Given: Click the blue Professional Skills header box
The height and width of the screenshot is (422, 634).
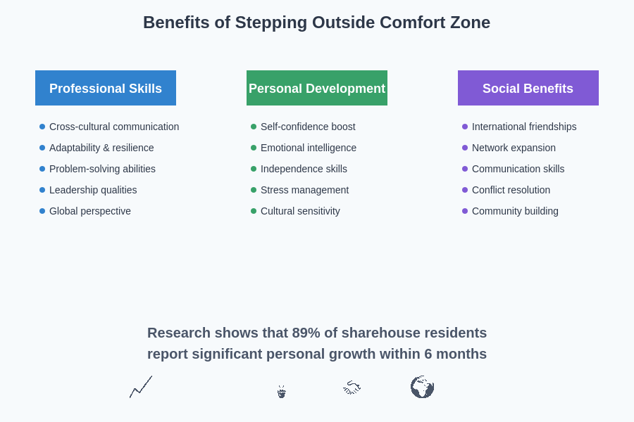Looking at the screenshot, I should [x=106, y=88].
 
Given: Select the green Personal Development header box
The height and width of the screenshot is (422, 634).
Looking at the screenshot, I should [x=317, y=88].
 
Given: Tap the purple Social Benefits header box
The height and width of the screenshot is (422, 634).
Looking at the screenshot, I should [x=528, y=88].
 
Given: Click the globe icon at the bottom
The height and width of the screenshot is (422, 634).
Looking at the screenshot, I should [x=422, y=387].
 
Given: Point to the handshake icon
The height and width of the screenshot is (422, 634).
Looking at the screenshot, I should [x=352, y=388].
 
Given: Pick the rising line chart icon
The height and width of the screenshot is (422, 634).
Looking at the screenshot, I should [x=141, y=387].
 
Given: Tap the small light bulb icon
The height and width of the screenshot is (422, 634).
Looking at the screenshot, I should [x=281, y=392].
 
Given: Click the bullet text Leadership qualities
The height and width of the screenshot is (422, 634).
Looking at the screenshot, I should [x=93, y=190].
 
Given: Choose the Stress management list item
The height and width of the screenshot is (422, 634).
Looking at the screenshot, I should [x=304, y=190].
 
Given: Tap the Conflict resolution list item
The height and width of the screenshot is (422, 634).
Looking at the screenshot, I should [x=511, y=190].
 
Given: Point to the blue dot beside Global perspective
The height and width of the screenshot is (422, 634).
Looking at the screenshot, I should [x=42, y=211].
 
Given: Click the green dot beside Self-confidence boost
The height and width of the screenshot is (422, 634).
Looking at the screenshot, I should [x=254, y=127].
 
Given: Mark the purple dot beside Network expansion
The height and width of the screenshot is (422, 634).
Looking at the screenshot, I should [x=465, y=148].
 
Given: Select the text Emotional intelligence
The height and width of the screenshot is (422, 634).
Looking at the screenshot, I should [x=309, y=148].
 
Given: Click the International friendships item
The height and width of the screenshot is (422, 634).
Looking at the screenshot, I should [x=524, y=127].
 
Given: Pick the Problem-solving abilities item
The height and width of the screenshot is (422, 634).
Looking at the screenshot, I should [x=102, y=169].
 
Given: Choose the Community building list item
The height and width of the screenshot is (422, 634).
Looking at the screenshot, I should [x=515, y=211].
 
